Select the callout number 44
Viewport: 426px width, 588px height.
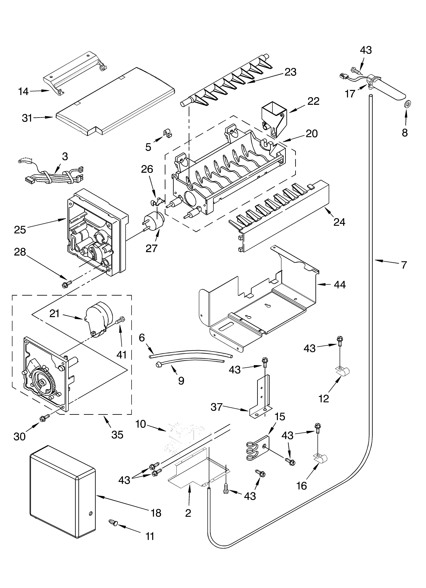[x=340, y=285]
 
